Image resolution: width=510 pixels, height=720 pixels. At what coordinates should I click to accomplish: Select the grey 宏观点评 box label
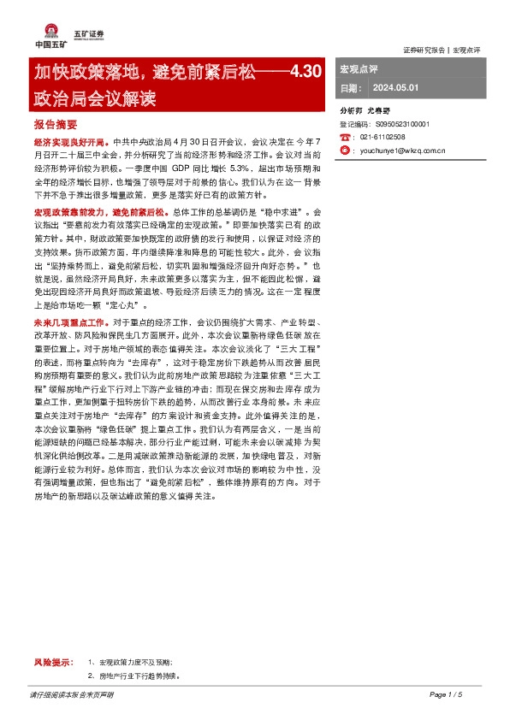click(359, 69)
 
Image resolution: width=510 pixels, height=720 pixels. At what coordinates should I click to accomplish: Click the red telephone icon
click(347, 137)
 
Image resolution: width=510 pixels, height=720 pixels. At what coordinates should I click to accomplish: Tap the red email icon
click(347, 150)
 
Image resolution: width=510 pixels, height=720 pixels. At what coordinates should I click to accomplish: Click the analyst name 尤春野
click(378, 111)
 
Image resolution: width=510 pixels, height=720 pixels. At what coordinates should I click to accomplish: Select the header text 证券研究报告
click(423, 50)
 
